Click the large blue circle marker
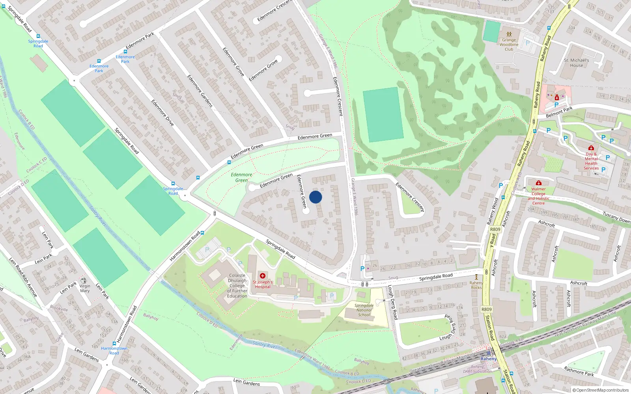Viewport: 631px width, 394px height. point(315,197)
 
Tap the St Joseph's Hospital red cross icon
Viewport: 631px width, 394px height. point(263,276)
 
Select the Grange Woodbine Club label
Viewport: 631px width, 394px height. point(509,45)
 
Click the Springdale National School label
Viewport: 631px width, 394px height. point(364,310)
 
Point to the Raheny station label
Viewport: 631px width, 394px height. point(489,359)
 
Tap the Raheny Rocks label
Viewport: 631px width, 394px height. point(476,285)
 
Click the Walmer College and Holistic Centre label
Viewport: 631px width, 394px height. point(538,196)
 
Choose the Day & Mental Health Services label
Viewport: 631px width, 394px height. point(591,161)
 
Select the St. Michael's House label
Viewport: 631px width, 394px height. point(576,63)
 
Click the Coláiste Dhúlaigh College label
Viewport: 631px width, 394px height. point(237,286)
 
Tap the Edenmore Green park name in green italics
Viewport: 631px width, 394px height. point(241,177)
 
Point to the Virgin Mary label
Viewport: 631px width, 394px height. point(85,288)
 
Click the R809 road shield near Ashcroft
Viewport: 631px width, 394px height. point(495,229)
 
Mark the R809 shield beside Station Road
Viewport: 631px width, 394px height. point(487,309)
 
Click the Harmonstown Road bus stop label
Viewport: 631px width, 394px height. point(114,351)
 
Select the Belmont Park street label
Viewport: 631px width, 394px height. point(559,112)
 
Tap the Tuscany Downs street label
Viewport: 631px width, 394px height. point(616,217)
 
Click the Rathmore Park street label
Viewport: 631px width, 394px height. point(579,371)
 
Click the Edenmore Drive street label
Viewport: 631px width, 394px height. point(162,113)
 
